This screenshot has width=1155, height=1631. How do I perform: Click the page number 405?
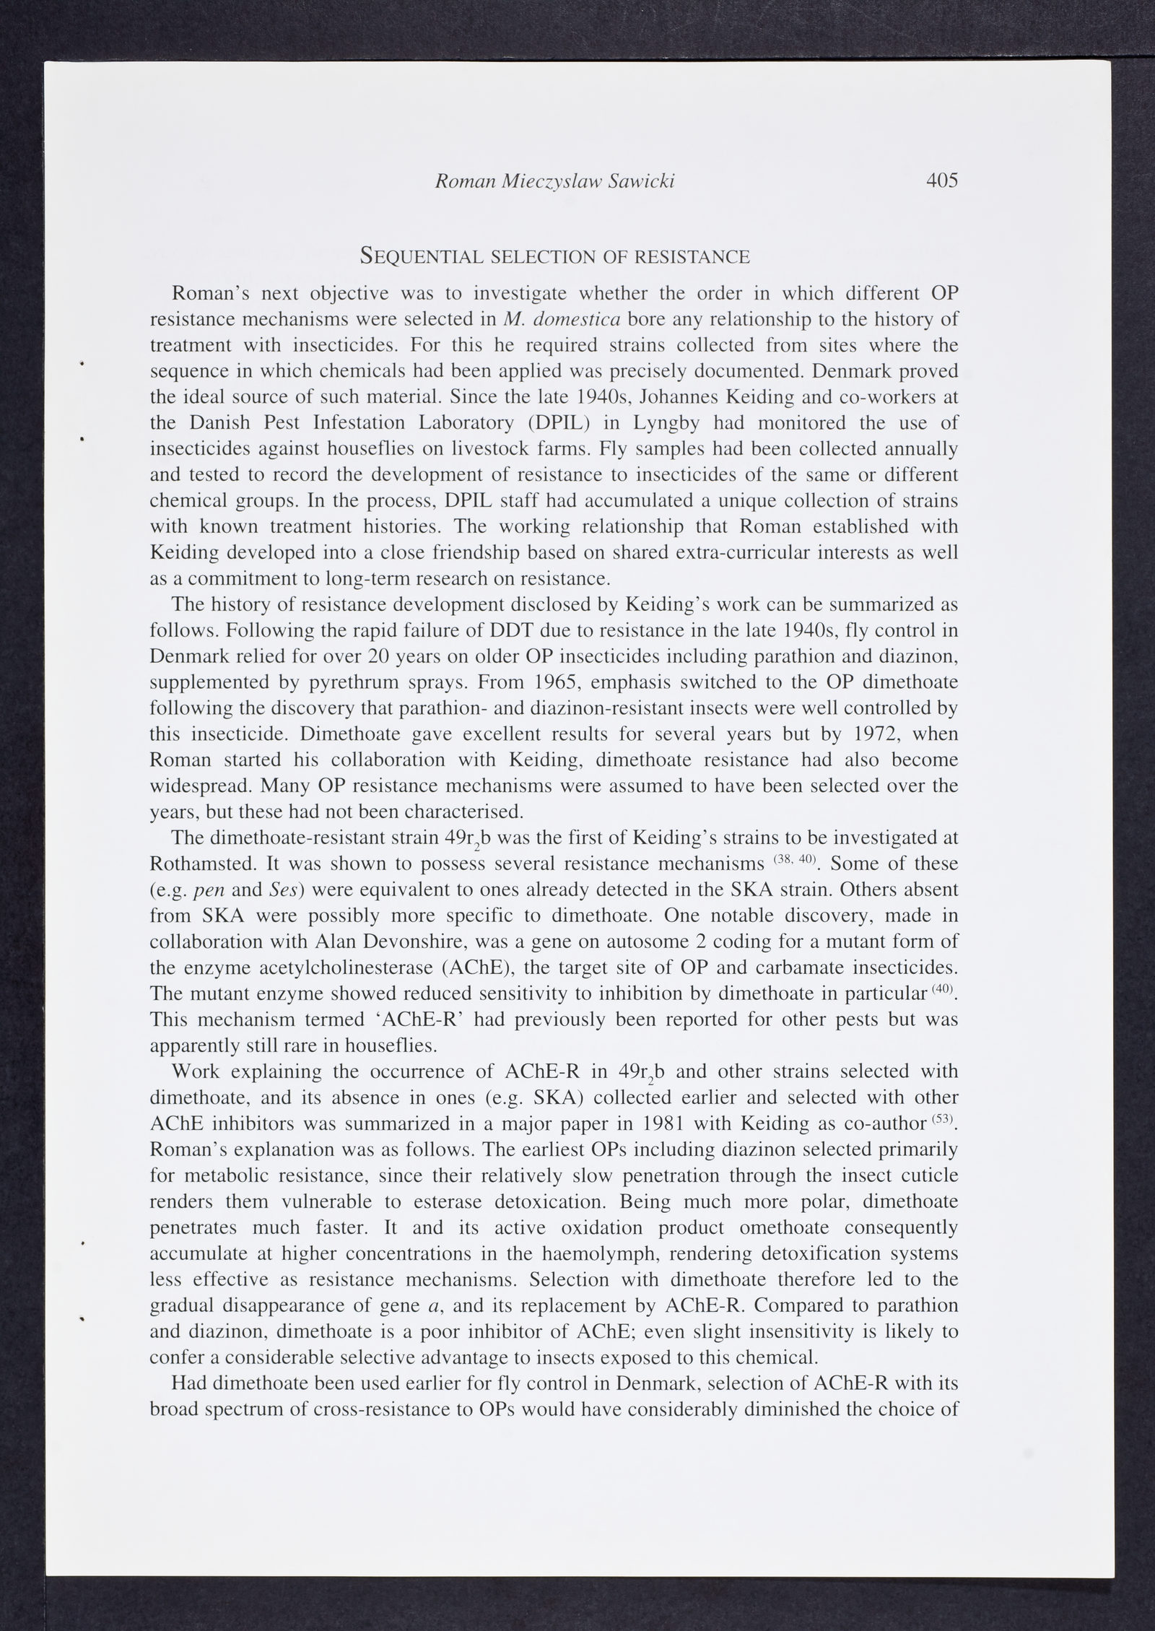click(942, 181)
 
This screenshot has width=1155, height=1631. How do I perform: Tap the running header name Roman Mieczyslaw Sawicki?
click(554, 181)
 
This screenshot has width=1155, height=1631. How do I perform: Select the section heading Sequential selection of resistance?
click(554, 256)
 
